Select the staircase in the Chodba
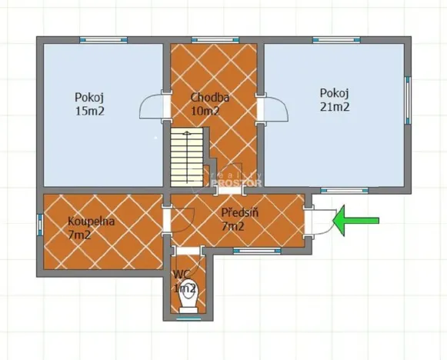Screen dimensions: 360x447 click(x=185, y=158)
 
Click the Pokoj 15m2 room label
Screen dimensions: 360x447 click(x=89, y=104)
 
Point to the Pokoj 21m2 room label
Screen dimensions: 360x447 click(x=335, y=99)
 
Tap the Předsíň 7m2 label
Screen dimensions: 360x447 click(x=238, y=219)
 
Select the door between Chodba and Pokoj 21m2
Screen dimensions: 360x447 click(x=272, y=108)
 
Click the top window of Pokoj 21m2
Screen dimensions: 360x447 click(x=334, y=39)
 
